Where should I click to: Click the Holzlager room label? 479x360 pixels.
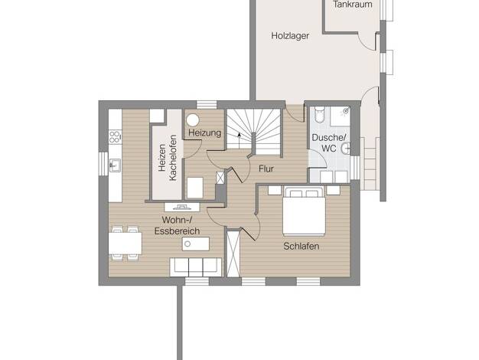[x=290, y=36]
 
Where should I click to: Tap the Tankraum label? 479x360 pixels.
[x=353, y=5]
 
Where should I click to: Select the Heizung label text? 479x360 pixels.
[x=204, y=133]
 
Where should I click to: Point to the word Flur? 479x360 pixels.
[x=266, y=169]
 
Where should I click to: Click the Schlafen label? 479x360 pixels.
[x=301, y=246]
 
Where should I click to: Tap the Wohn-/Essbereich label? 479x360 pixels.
[x=177, y=225]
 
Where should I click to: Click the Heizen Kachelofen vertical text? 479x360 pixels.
[x=168, y=158]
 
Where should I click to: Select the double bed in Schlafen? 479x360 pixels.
[x=304, y=211]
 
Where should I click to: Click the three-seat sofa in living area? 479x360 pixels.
[x=196, y=267]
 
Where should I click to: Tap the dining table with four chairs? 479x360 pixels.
[x=125, y=243]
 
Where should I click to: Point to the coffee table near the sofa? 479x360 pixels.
[x=196, y=244]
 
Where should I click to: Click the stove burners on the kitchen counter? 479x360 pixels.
[x=114, y=136]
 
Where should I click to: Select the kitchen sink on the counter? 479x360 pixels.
[x=115, y=165]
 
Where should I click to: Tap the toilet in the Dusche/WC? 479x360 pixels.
[x=320, y=114]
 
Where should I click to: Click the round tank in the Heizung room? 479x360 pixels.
[x=193, y=120]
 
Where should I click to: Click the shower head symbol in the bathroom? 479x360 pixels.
[x=346, y=111]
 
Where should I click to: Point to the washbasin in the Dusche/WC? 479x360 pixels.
[x=346, y=149]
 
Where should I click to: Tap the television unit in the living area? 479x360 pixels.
[x=182, y=207]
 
